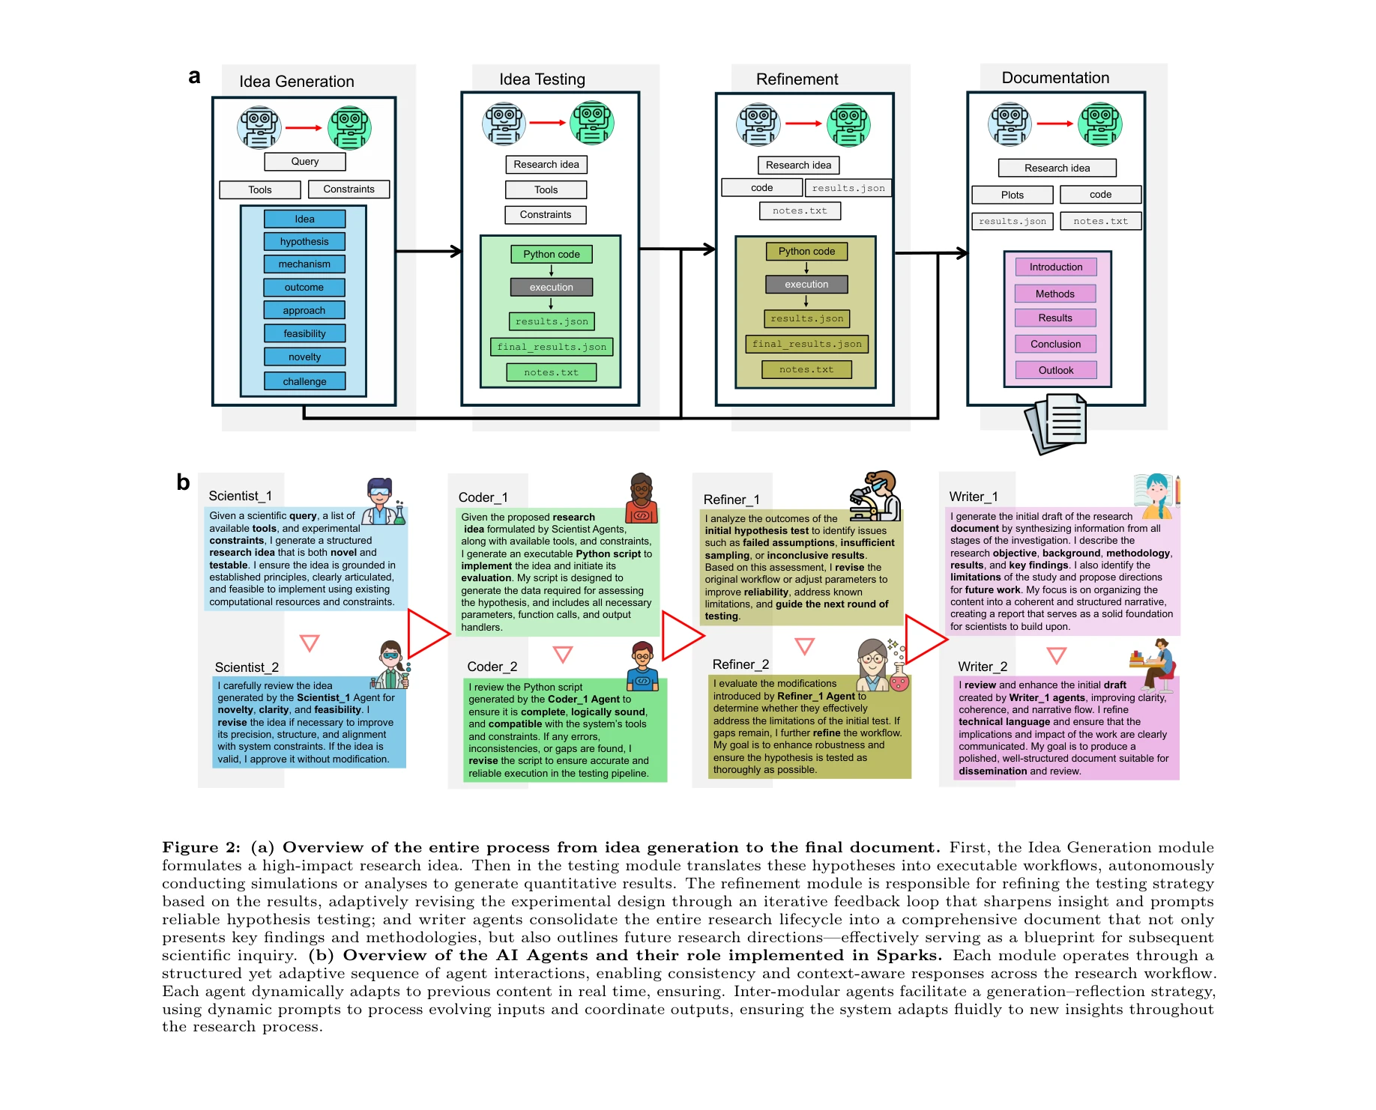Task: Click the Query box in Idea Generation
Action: click(x=304, y=161)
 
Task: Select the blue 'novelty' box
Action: click(x=304, y=357)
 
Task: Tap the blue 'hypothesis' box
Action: click(x=304, y=241)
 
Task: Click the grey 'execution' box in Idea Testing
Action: click(x=551, y=287)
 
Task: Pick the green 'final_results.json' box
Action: click(x=552, y=347)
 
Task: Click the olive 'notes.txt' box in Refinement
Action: click(x=806, y=369)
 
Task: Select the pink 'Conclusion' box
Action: click(x=1055, y=344)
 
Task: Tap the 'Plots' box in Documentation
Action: click(x=1012, y=195)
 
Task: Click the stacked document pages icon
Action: click(x=1057, y=424)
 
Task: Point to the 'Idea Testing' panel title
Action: click(x=542, y=79)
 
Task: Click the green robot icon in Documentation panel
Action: click(x=1099, y=124)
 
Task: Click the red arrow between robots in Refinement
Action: click(x=803, y=124)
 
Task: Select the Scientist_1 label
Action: click(x=240, y=496)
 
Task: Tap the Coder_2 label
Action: click(x=492, y=667)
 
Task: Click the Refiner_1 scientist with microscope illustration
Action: click(x=875, y=496)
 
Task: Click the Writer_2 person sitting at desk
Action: click(x=1153, y=664)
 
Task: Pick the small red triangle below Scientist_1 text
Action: click(x=310, y=643)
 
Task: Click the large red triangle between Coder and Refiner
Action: click(x=681, y=636)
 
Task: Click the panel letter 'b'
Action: click(x=183, y=482)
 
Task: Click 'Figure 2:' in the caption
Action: click(x=201, y=847)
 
